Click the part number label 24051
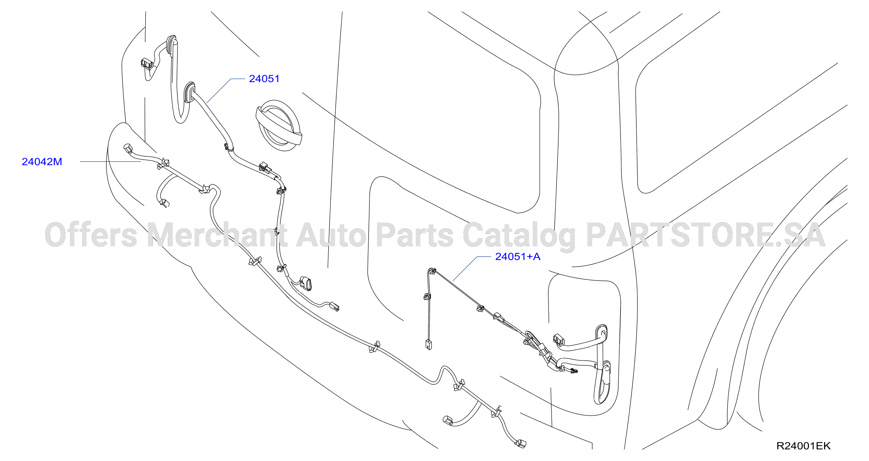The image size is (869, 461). (264, 79)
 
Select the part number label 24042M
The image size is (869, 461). (42, 162)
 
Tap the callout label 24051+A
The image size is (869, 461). (517, 257)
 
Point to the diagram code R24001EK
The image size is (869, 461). (803, 446)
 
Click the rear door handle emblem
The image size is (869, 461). (279, 126)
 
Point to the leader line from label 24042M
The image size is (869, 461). (110, 162)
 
